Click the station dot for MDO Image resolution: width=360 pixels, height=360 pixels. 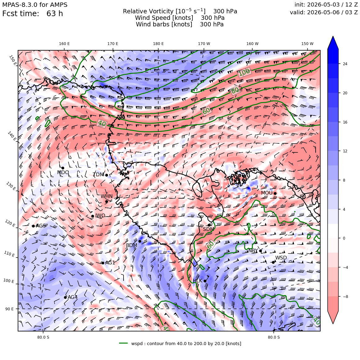pyautogui.click(x=63, y=168)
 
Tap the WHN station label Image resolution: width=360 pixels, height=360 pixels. pyautogui.click(x=106, y=196)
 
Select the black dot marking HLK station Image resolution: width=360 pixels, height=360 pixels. pyautogui.click(x=205, y=281)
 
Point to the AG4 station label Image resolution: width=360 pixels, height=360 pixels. pyautogui.click(x=73, y=297)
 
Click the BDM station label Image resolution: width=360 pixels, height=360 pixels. pyautogui.click(x=132, y=245)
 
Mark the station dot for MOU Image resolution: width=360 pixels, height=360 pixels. pyautogui.click(x=275, y=193)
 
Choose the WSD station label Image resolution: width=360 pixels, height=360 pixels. pyautogui.click(x=281, y=258)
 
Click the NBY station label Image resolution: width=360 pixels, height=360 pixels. pyautogui.click(x=253, y=251)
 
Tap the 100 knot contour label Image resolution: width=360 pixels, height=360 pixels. pyautogui.click(x=244, y=72)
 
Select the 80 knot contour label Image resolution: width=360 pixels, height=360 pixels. pyautogui.click(x=235, y=90)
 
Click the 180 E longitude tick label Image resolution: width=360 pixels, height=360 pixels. pyautogui.click(x=158, y=44)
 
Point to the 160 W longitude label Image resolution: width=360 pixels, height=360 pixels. pyautogui.click(x=252, y=44)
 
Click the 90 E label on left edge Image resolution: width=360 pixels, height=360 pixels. pyautogui.click(x=9, y=309)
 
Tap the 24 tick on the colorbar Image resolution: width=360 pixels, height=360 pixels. pyautogui.click(x=345, y=64)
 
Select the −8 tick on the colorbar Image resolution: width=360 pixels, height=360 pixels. pyautogui.click(x=345, y=296)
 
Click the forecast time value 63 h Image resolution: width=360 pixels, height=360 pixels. pyautogui.click(x=55, y=14)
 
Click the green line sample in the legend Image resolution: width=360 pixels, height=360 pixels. pyautogui.click(x=124, y=343)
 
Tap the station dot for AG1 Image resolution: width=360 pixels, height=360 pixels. pyautogui.click(x=103, y=263)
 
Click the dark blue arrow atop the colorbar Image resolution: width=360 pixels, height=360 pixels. pyautogui.click(x=333, y=43)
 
